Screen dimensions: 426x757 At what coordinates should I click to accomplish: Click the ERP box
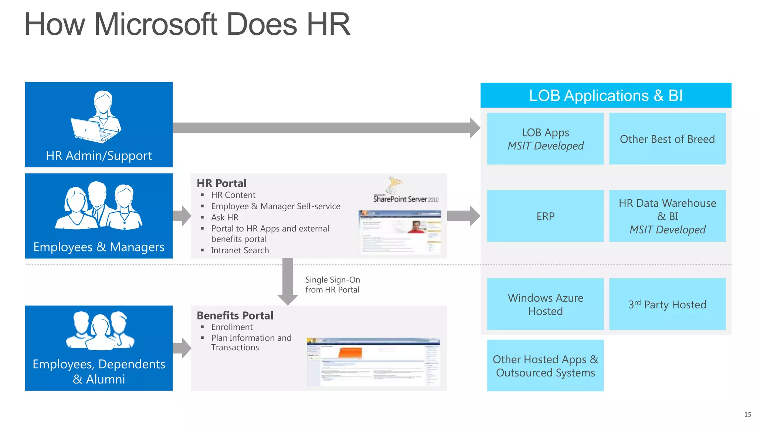pyautogui.click(x=545, y=216)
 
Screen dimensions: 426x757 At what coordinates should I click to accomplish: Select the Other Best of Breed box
pyautogui.click(x=667, y=139)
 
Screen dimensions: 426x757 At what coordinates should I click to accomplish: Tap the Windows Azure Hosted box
pyautogui.click(x=545, y=304)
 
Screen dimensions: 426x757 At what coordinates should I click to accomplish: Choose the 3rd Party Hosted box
pyautogui.click(x=667, y=304)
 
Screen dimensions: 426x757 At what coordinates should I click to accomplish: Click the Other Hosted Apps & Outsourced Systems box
pyautogui.click(x=545, y=365)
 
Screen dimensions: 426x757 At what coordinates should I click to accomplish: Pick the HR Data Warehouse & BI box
pyautogui.click(x=667, y=216)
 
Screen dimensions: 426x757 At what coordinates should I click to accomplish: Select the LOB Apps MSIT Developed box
pyautogui.click(x=545, y=139)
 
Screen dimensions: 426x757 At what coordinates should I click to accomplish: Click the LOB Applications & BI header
pyautogui.click(x=605, y=95)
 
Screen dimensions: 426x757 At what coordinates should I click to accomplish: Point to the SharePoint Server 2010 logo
pyautogui.click(x=405, y=190)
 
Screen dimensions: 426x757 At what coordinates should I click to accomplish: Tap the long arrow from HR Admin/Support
pyautogui.click(x=325, y=128)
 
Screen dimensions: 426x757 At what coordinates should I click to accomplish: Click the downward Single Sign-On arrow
pyautogui.click(x=288, y=281)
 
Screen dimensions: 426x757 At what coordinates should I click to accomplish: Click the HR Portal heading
pyautogui.click(x=221, y=183)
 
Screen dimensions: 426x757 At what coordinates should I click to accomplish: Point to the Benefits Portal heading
pyautogui.click(x=235, y=315)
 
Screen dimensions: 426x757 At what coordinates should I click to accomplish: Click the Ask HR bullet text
pyautogui.click(x=225, y=217)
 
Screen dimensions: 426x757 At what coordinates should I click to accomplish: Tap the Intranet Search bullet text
pyautogui.click(x=240, y=250)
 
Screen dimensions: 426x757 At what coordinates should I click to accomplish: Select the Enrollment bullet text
pyautogui.click(x=232, y=327)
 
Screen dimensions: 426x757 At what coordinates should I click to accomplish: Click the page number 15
pyautogui.click(x=747, y=415)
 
